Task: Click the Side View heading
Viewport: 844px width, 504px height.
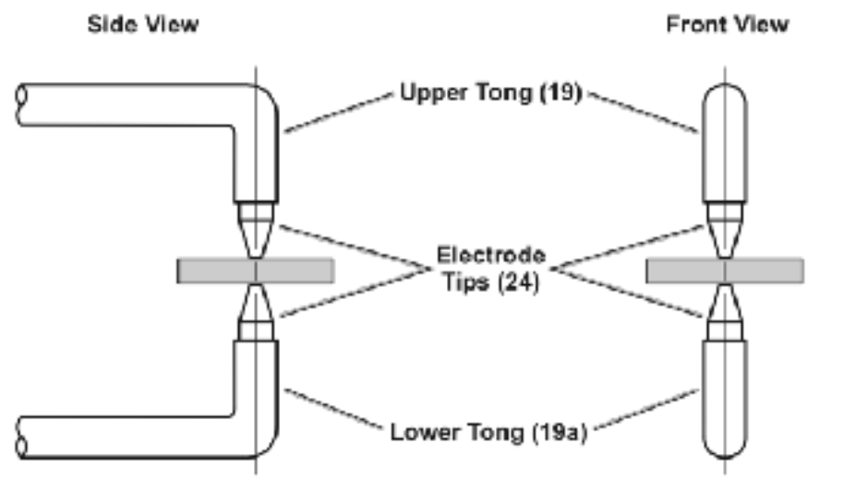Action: [x=142, y=25]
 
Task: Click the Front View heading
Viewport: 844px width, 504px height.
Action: [x=727, y=25]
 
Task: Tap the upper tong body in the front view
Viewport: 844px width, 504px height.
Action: [x=724, y=143]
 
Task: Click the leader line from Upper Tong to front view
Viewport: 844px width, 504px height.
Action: [x=643, y=113]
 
